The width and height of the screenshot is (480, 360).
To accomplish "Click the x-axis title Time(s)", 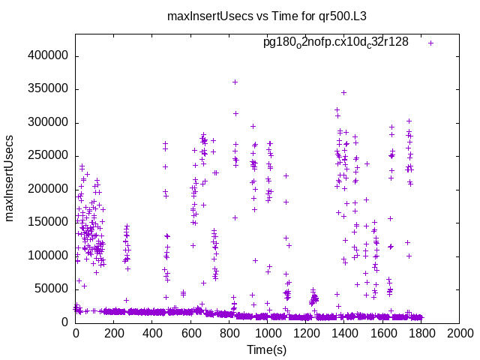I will tap(267, 349).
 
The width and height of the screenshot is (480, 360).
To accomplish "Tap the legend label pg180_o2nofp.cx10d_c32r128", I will tap(335, 42).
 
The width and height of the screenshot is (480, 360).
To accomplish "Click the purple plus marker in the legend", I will tap(430, 43).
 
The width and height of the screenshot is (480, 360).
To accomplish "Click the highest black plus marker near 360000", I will tap(235, 82).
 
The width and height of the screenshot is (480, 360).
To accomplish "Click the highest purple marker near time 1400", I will tap(343, 92).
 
